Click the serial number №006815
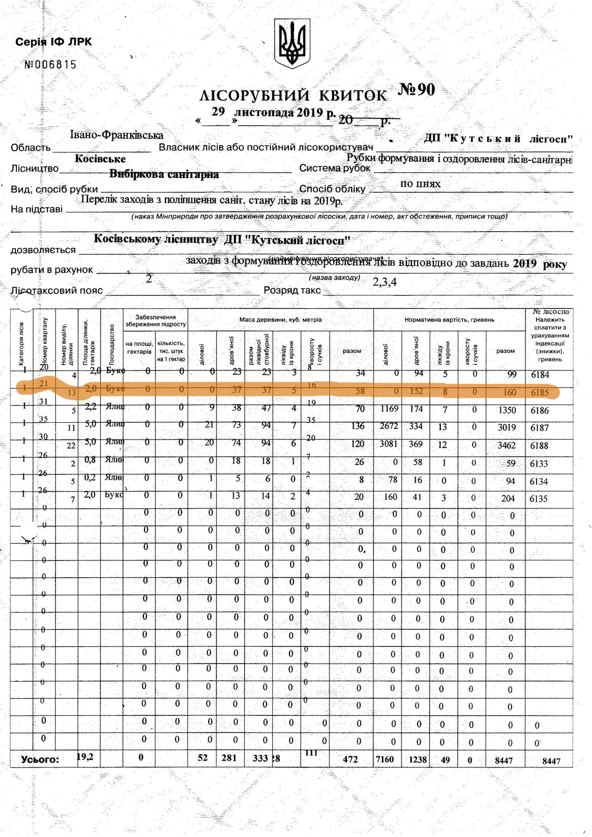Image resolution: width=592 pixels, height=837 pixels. click(x=50, y=65)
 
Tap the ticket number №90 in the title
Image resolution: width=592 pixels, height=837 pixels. click(x=417, y=90)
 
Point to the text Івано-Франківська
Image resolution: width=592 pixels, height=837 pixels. click(x=117, y=135)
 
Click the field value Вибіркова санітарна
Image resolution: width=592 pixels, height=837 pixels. click(x=164, y=174)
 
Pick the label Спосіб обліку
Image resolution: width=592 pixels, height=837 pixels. click(x=332, y=189)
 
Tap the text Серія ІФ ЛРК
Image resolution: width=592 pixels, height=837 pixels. click(x=54, y=42)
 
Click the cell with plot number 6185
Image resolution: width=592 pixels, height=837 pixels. click(x=540, y=393)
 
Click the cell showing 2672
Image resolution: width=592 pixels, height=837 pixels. click(x=389, y=426)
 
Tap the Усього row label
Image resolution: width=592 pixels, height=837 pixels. click(x=40, y=760)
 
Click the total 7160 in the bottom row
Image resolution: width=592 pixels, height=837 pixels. click(x=384, y=759)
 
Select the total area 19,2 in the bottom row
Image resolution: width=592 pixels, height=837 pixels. click(x=85, y=757)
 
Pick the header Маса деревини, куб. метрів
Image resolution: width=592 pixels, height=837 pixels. click(x=280, y=320)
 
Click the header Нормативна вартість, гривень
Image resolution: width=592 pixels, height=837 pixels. click(x=449, y=320)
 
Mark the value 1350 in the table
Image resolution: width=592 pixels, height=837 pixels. click(x=506, y=410)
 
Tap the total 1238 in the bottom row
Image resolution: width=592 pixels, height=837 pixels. click(x=418, y=759)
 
